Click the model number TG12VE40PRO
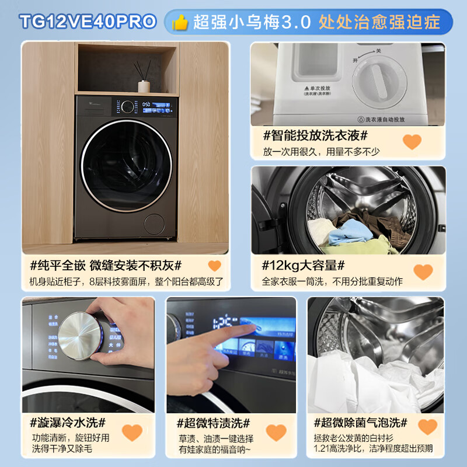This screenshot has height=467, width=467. pyautogui.click(x=88, y=22)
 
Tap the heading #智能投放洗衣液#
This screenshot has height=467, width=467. pyautogui.click(x=315, y=137)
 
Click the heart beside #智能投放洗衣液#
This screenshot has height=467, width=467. pyautogui.click(x=412, y=141)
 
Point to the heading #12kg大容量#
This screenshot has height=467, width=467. pyautogui.click(x=304, y=266)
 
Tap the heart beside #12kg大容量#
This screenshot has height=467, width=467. pyautogui.click(x=423, y=271)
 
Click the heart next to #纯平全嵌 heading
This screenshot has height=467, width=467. pyautogui.click(x=215, y=266)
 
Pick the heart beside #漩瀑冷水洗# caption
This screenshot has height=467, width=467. pyautogui.click(x=132, y=433)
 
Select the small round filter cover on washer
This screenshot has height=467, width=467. pyautogui.click(x=155, y=224)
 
